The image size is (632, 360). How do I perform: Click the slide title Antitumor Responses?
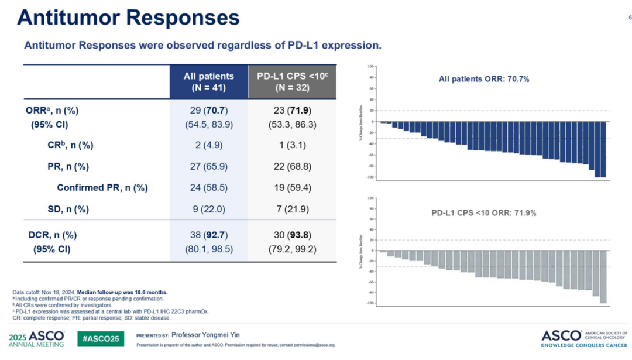coord(128,18)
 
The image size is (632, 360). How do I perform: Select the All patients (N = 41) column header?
coord(208,82)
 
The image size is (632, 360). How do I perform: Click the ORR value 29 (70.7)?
coord(208,111)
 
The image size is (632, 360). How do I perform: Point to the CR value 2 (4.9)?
coord(208,145)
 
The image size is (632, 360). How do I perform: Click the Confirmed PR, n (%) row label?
coord(102,188)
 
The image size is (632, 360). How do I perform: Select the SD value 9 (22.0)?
coord(208,209)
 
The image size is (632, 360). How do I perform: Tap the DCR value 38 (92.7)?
coord(208,235)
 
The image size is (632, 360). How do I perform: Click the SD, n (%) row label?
coord(68,209)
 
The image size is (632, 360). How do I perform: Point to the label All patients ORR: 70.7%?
coord(484,79)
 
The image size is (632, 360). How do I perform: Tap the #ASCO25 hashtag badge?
coord(101,338)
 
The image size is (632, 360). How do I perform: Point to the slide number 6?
coord(629,18)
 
